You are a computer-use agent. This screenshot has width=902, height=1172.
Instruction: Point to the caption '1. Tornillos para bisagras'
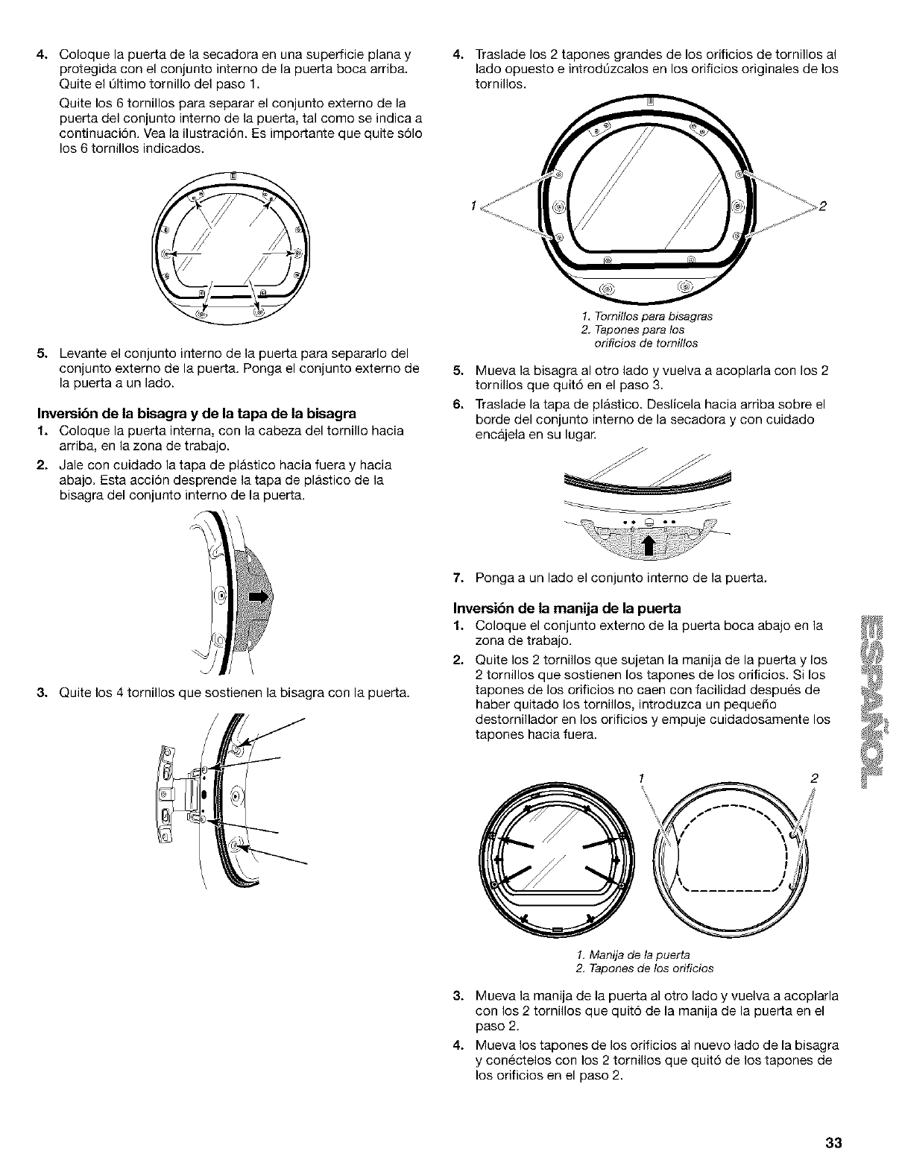pyautogui.click(x=646, y=315)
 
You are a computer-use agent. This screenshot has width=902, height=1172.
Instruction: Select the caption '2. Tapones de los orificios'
pyautogui.click(x=646, y=968)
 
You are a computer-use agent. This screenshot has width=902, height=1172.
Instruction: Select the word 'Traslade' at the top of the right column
pyautogui.click(x=496, y=54)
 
